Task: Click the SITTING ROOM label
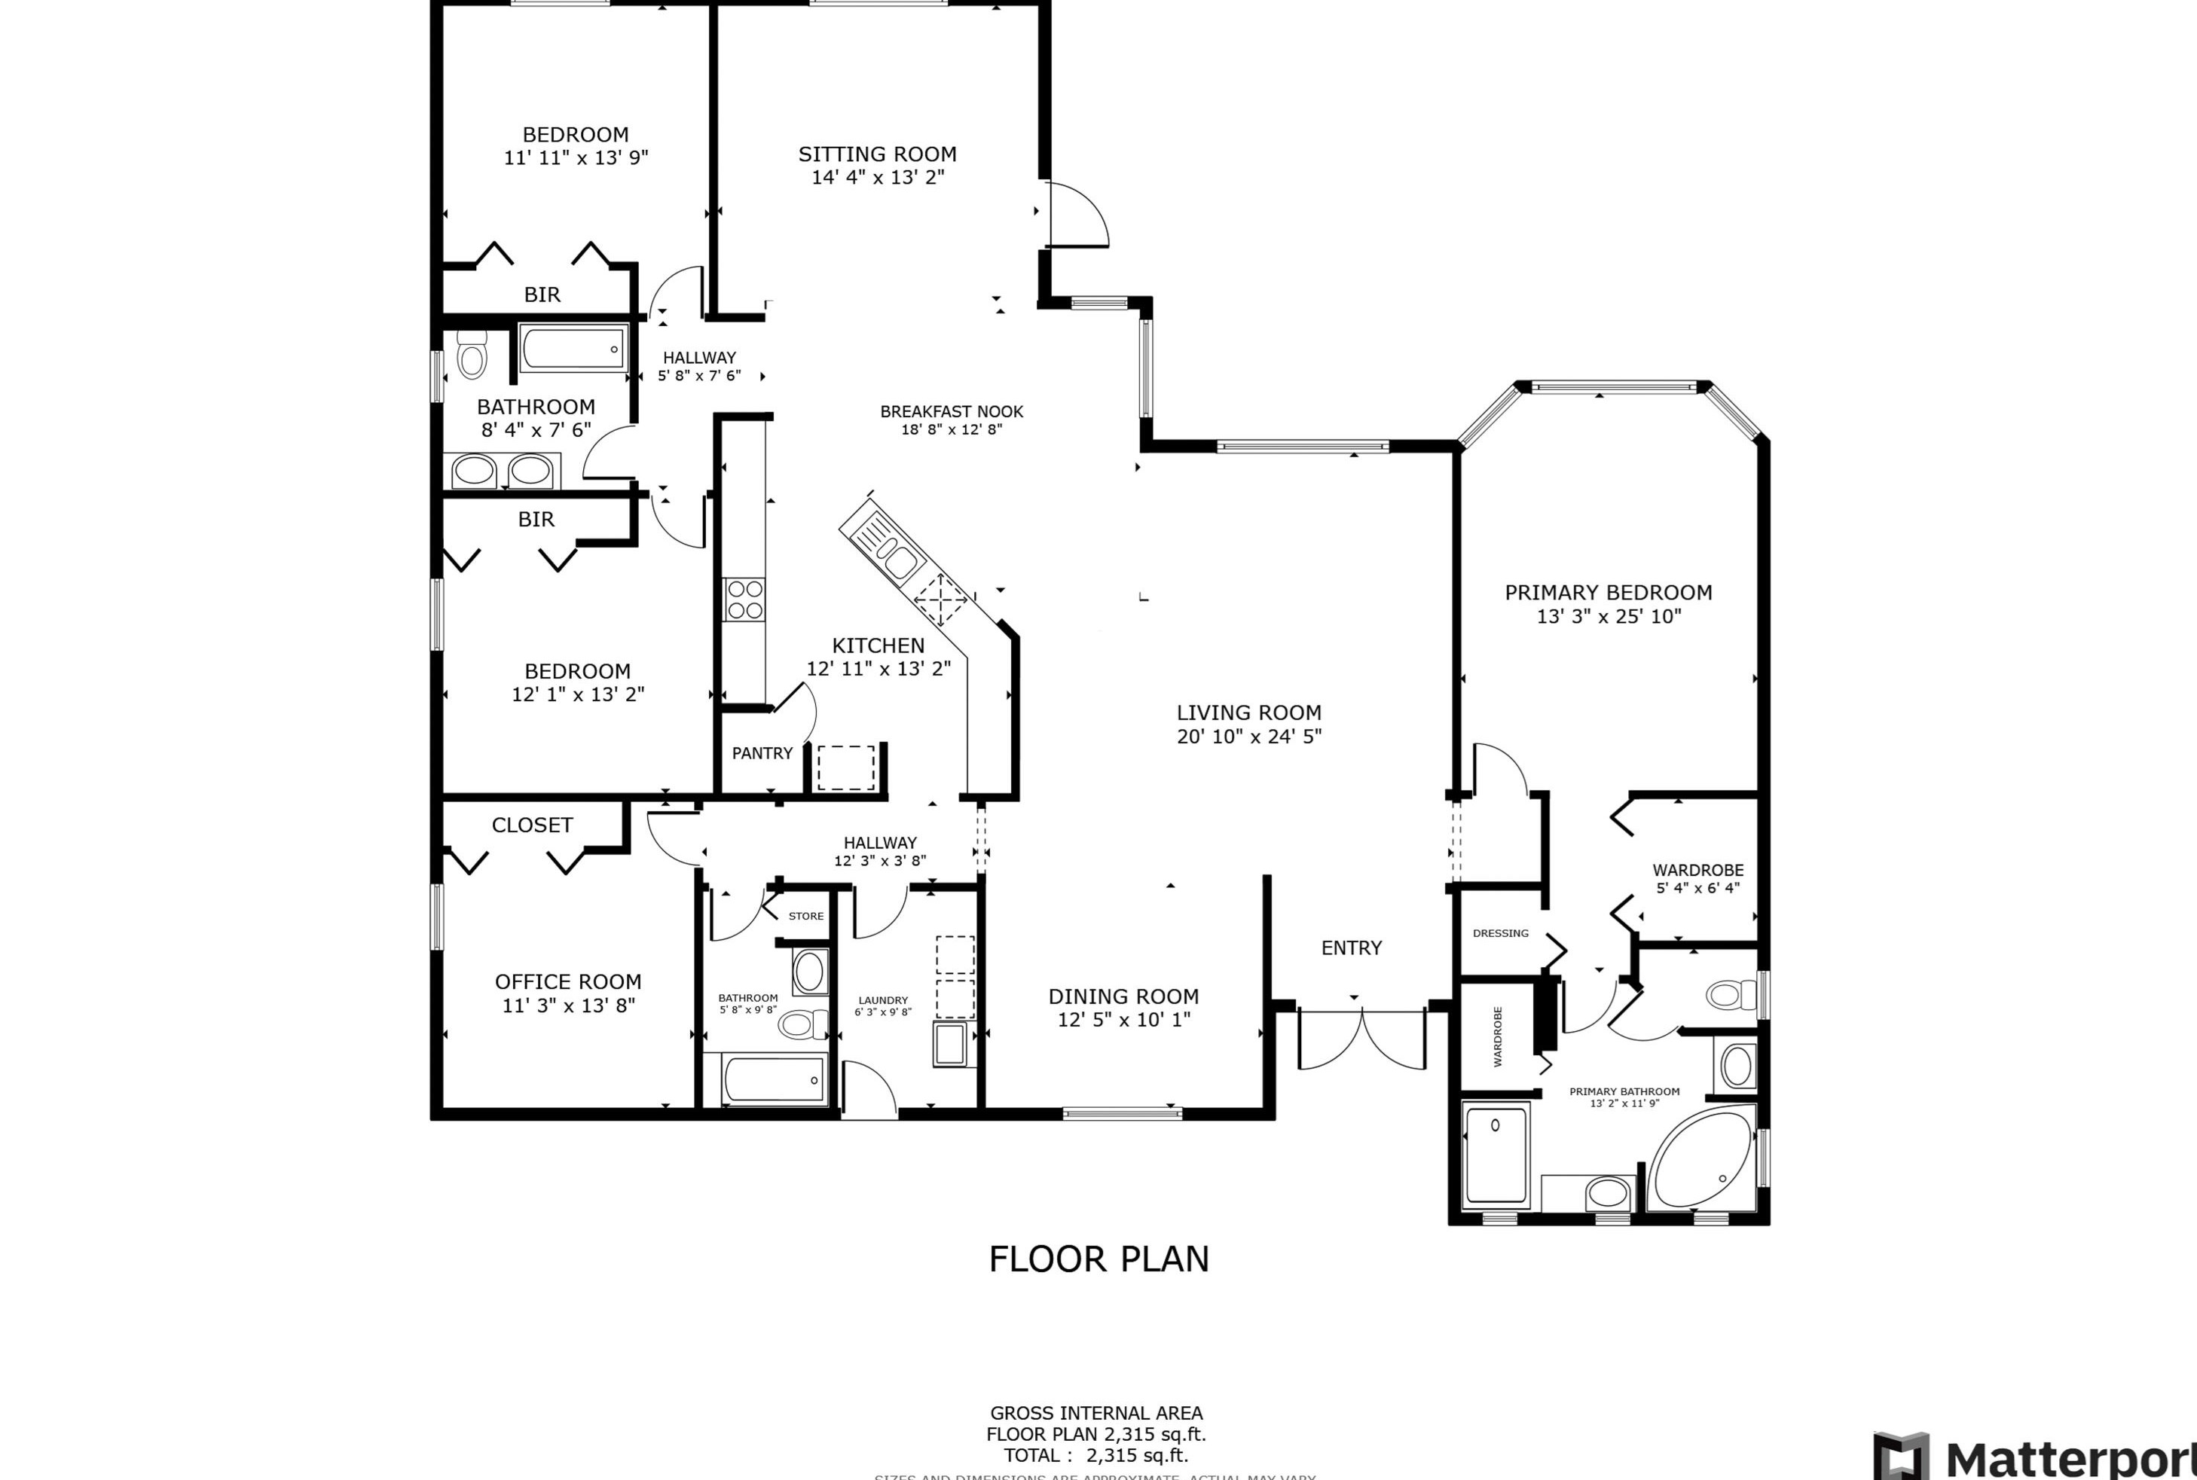click(877, 154)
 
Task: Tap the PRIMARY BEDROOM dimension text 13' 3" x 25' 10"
click(1609, 616)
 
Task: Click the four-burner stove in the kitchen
click(744, 600)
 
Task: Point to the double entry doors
click(1361, 1039)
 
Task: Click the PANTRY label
click(762, 753)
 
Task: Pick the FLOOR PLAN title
click(1098, 1259)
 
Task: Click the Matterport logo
click(2030, 1457)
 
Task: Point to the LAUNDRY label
click(883, 1000)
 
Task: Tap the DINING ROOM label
click(1123, 996)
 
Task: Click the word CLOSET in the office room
click(532, 825)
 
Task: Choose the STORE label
click(805, 916)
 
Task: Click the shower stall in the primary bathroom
click(1496, 1157)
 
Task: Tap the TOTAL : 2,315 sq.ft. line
click(1095, 1454)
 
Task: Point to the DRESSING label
click(1500, 933)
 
